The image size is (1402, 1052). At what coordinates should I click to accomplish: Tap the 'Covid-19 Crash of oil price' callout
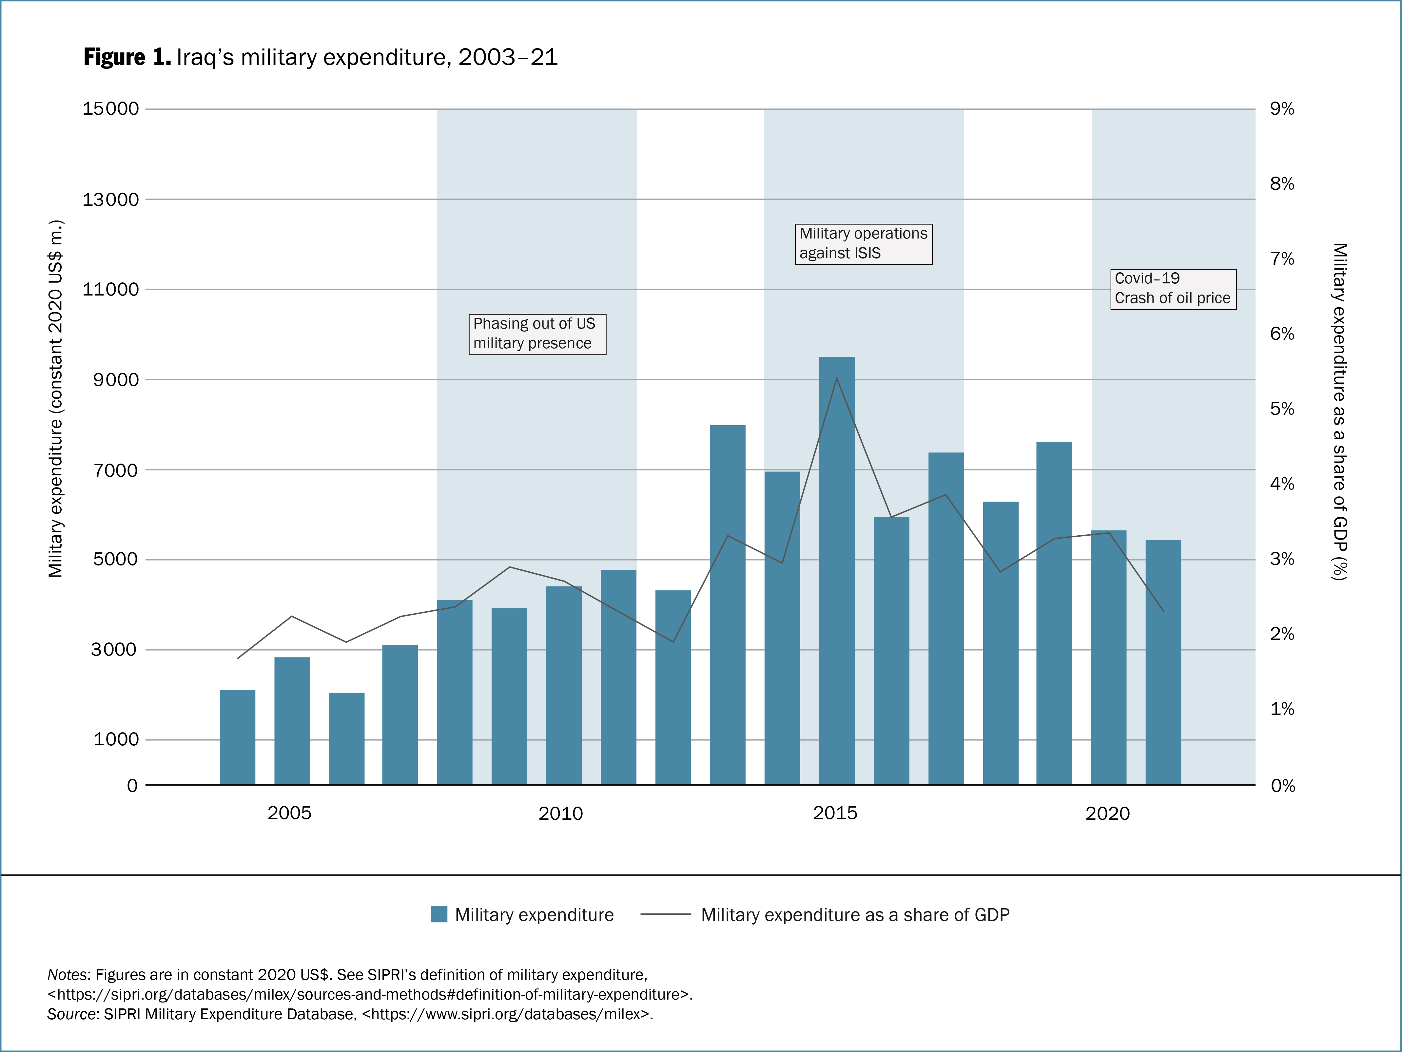coord(1173,288)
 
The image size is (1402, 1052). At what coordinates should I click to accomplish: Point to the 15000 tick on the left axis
coord(111,108)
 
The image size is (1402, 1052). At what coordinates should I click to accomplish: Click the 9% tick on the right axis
coord(1282,108)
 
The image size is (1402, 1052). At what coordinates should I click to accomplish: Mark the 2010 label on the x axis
coord(560,813)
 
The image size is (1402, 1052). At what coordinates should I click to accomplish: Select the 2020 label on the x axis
coord(1107,813)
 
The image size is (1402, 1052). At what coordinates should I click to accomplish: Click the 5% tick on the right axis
coord(1282,409)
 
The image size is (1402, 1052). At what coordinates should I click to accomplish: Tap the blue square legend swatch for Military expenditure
coord(438,914)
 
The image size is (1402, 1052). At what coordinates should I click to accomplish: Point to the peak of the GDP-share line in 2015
coord(837,378)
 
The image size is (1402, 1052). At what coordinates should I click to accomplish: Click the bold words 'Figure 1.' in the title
coord(127,57)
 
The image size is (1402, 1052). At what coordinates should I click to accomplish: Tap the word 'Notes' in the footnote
coord(68,975)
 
